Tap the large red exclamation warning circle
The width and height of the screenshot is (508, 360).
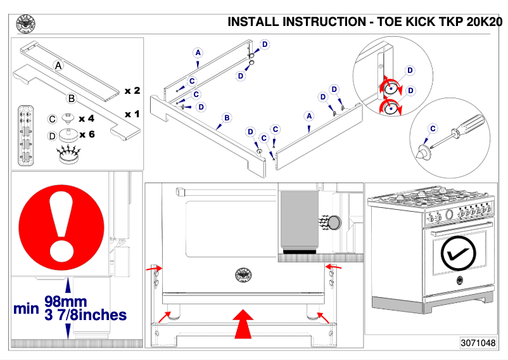[x=62, y=222]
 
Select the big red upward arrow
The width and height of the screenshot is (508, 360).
[x=242, y=324]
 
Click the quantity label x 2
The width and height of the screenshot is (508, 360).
[x=132, y=91]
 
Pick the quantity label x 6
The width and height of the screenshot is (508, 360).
[x=87, y=135]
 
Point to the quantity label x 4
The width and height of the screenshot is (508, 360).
[x=87, y=119]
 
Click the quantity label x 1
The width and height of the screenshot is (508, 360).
[x=132, y=114]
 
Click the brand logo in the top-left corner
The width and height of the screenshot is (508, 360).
[x=25, y=24]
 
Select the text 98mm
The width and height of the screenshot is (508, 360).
[x=66, y=302]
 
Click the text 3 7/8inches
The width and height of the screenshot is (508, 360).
[x=85, y=314]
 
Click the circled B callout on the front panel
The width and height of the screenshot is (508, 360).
[x=226, y=118]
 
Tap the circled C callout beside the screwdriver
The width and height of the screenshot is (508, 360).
[x=433, y=129]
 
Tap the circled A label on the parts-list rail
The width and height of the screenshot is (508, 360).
[x=58, y=65]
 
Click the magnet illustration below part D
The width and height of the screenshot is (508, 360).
[x=66, y=154]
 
